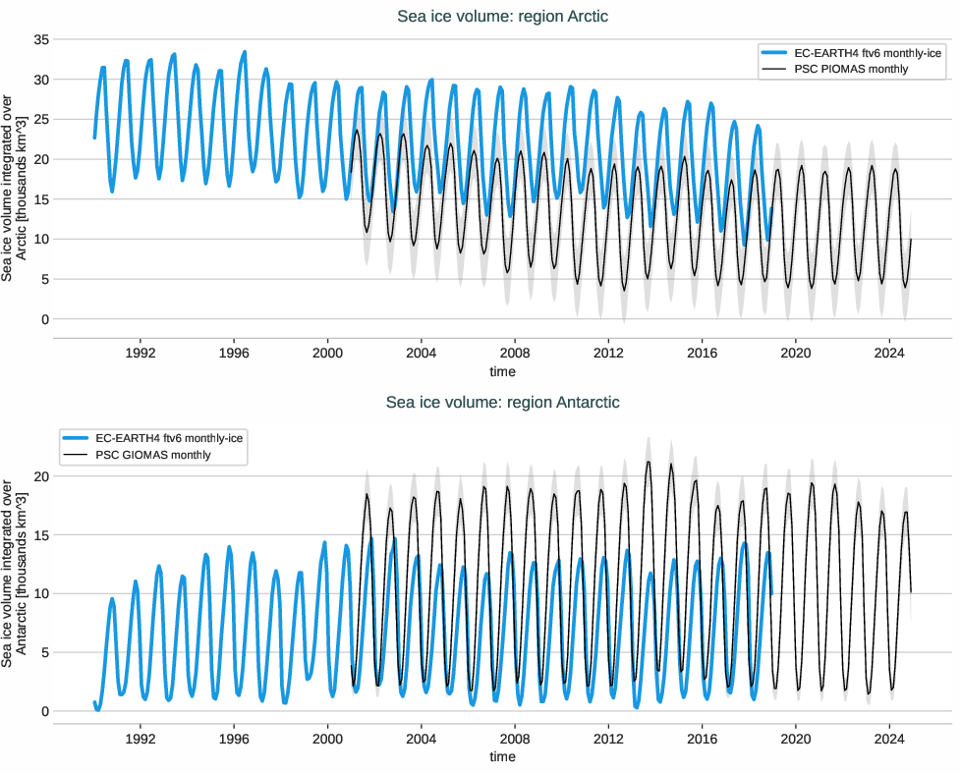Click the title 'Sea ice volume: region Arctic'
click(x=502, y=16)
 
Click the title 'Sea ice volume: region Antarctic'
click(x=502, y=402)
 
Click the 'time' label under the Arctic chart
click(x=502, y=371)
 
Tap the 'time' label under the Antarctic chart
click(x=502, y=756)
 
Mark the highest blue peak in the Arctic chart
click(x=245, y=52)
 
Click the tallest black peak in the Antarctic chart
click(x=649, y=462)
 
